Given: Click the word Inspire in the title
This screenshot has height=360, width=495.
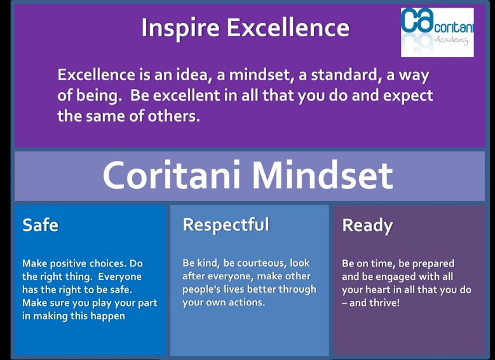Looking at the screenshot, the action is coord(180,28).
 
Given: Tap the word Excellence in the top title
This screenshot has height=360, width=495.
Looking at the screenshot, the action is coord(288,27).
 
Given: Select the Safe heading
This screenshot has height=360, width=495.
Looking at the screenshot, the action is coord(41,225).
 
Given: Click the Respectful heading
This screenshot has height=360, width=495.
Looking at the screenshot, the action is coord(226,225).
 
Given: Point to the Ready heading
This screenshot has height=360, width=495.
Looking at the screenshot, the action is coord(367,226).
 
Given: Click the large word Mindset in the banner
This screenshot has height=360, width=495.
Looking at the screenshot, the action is coord(323,175).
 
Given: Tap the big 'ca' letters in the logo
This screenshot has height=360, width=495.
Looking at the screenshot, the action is coord(417,20).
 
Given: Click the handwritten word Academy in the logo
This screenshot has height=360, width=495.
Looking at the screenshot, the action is coord(451,40).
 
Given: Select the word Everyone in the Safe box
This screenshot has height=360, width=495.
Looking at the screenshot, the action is coord(120,277).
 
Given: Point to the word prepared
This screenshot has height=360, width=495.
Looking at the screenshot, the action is coord(433,264).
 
